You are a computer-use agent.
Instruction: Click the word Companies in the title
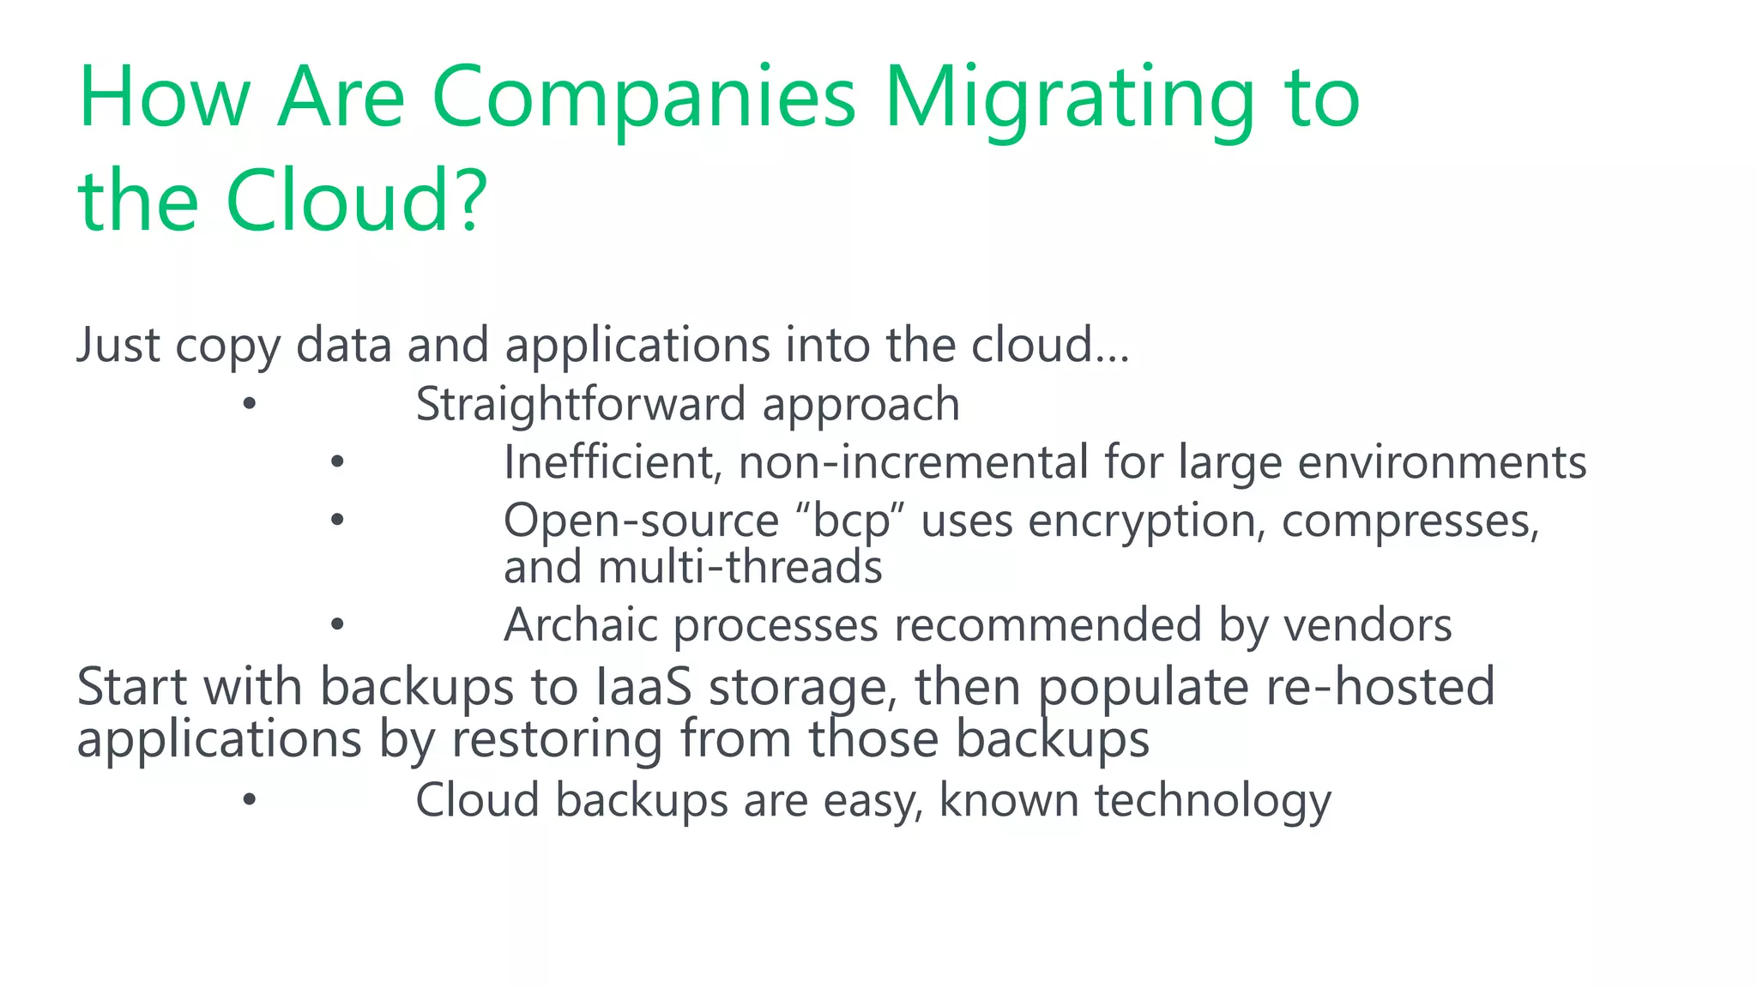click(643, 99)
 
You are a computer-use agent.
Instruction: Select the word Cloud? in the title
click(356, 202)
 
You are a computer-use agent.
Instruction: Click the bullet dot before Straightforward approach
click(249, 403)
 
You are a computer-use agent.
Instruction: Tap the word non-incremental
click(914, 462)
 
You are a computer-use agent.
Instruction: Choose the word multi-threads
click(740, 568)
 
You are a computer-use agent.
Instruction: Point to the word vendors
click(1368, 625)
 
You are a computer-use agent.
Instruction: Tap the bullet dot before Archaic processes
click(337, 624)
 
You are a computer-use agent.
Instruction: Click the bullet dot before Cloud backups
click(249, 799)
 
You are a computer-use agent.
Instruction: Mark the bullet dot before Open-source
click(337, 519)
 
